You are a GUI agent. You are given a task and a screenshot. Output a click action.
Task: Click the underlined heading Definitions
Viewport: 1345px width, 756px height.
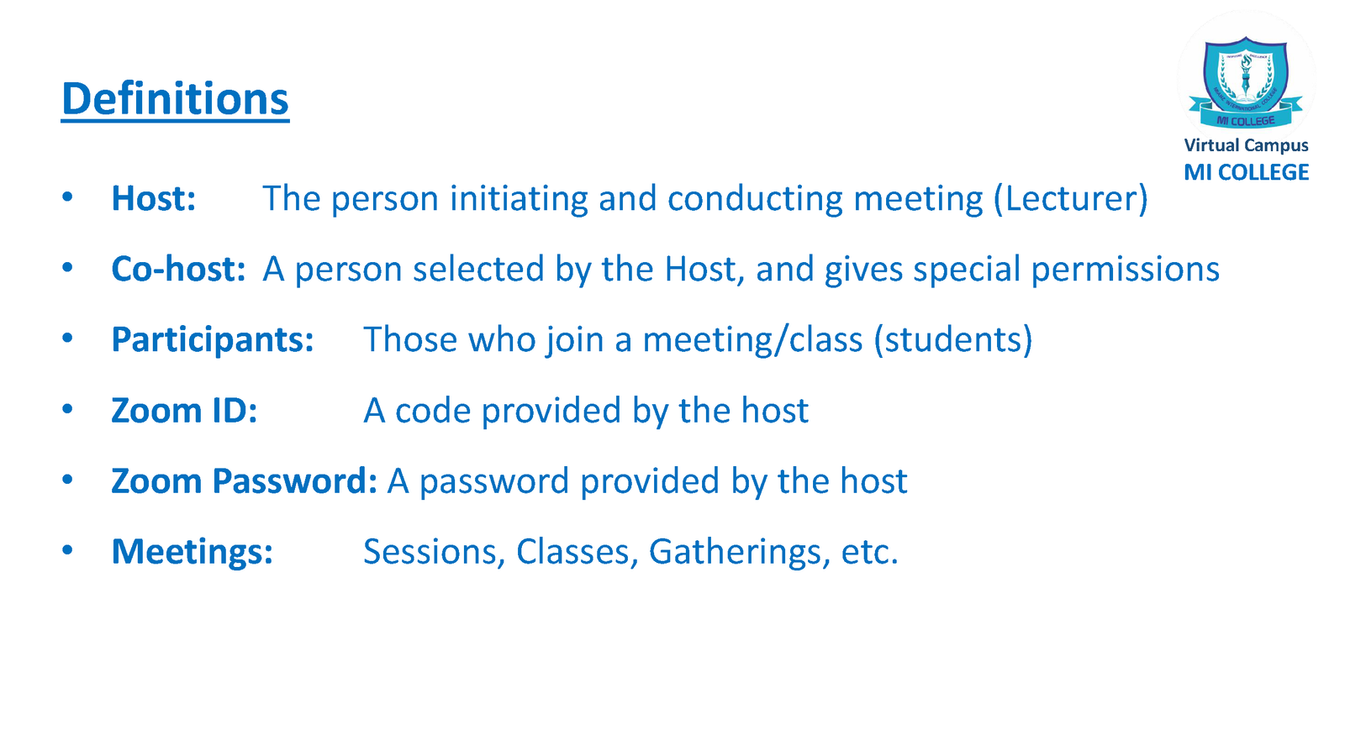(175, 99)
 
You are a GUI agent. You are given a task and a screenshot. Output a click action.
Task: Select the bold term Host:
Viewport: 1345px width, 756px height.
(154, 198)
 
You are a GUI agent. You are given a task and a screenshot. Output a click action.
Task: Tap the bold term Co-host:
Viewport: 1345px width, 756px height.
(178, 268)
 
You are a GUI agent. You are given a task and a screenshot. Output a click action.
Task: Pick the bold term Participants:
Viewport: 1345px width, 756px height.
(213, 340)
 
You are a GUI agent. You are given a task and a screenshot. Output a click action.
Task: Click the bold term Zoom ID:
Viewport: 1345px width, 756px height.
(184, 411)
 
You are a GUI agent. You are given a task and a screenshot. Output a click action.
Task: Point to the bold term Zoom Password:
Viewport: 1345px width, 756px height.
(245, 481)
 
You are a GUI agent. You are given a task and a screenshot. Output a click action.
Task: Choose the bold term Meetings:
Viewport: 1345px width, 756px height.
(193, 552)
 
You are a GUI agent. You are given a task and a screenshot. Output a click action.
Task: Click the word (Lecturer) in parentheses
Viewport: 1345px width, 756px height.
(1071, 198)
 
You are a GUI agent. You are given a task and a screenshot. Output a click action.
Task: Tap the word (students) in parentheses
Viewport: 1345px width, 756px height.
(953, 340)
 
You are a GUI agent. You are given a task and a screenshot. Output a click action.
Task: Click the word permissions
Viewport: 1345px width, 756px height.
(1126, 270)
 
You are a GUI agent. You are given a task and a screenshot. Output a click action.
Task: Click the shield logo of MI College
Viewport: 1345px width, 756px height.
(1246, 82)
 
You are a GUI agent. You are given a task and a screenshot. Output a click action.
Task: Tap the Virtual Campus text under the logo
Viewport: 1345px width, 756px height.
(1246, 146)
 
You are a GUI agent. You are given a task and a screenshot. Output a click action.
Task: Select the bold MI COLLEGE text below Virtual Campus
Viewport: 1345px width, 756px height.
(1246, 173)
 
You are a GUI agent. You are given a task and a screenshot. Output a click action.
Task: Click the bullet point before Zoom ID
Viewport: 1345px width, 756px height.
(67, 409)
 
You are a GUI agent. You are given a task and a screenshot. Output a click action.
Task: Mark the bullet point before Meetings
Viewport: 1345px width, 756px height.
(67, 550)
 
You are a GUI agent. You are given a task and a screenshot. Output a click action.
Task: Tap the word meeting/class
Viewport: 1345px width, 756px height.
(752, 340)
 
